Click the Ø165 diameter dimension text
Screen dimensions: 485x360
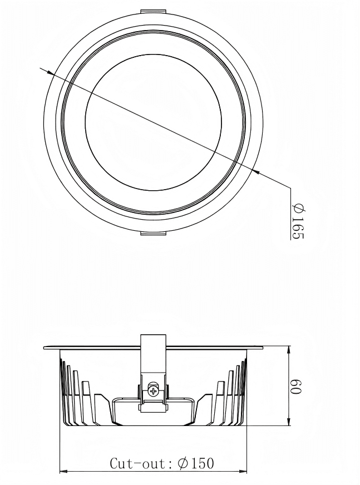click(298, 221)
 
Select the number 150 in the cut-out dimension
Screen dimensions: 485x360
click(201, 463)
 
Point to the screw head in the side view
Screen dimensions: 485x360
click(152, 391)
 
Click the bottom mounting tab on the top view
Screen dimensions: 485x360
click(153, 233)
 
